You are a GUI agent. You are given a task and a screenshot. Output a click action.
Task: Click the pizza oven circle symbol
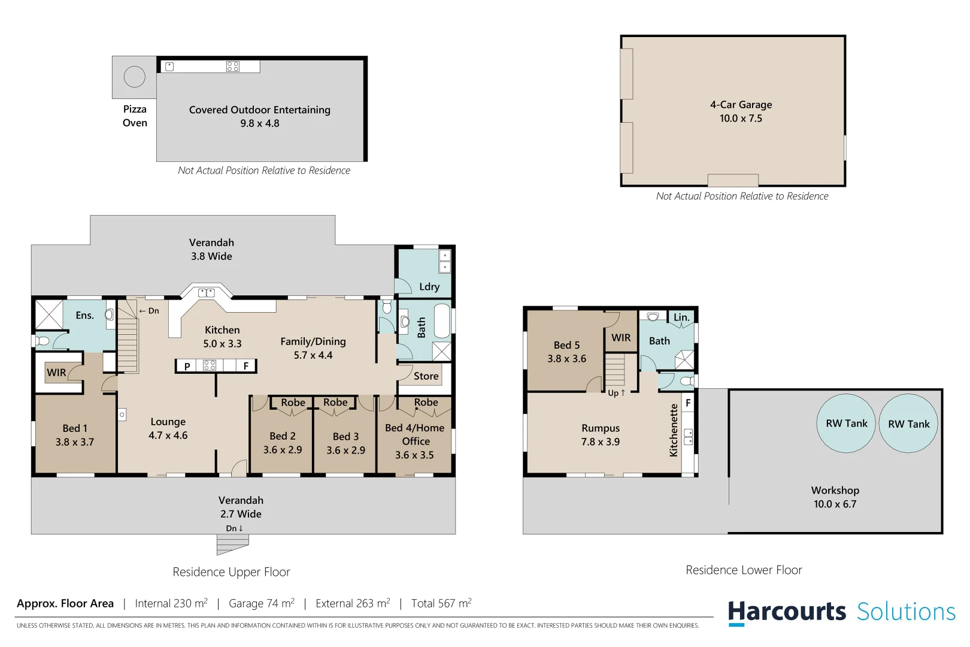(134, 77)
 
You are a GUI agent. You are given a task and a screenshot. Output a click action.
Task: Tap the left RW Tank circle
(846, 423)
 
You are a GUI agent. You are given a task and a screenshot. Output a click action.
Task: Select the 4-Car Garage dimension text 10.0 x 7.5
(741, 119)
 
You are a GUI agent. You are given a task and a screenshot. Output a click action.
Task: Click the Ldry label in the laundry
(429, 287)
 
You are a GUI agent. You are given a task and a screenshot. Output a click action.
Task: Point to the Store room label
(426, 376)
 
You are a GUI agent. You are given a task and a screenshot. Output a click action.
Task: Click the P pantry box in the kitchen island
(187, 366)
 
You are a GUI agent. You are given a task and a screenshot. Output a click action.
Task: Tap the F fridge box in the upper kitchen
(245, 366)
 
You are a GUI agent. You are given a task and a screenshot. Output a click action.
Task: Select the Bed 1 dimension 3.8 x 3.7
(75, 442)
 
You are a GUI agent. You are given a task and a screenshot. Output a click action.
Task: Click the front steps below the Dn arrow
(232, 544)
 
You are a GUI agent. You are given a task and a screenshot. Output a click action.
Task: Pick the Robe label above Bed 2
(293, 403)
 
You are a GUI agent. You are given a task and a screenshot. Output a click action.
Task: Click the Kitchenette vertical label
(674, 430)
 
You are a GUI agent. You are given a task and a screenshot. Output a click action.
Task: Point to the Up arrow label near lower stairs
(616, 393)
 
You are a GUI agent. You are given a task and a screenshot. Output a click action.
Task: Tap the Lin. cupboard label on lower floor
(681, 318)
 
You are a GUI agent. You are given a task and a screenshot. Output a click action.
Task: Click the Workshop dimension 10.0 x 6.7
(835, 504)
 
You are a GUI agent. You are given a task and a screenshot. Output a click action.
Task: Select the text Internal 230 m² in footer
(171, 603)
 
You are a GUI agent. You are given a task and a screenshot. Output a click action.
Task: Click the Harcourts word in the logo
(787, 612)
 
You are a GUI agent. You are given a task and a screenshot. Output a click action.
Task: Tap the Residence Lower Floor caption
(744, 570)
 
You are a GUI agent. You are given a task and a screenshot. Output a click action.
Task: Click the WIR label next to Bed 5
(621, 338)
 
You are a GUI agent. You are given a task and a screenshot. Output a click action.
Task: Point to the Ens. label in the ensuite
(84, 316)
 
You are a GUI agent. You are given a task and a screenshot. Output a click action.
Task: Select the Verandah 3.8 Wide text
(211, 249)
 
